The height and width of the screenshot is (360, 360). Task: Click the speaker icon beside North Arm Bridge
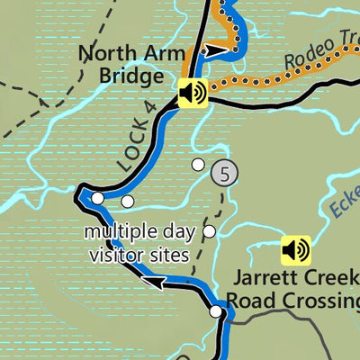[193, 93]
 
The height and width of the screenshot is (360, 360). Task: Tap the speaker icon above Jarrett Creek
[295, 248]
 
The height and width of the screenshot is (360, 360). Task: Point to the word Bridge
[126, 76]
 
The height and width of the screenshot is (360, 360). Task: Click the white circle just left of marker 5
[198, 164]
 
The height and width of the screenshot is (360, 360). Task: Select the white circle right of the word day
[210, 232]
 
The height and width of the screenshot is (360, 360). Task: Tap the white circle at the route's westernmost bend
[97, 198]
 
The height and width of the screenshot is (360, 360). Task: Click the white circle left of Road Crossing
[216, 311]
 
